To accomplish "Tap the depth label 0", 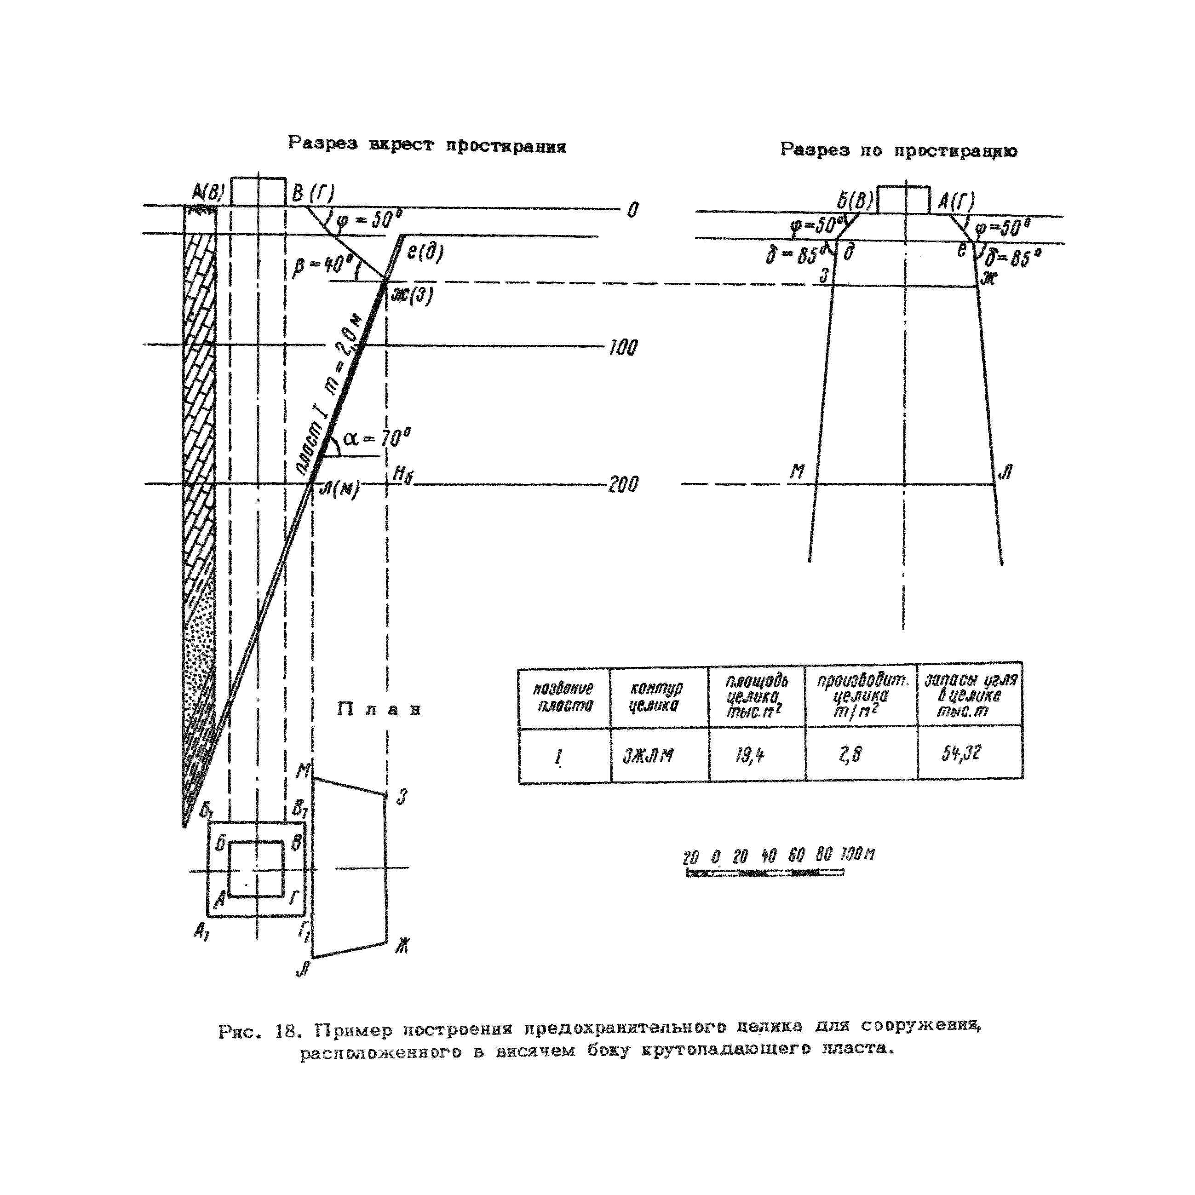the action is pyautogui.click(x=632, y=210).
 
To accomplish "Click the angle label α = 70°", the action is pyautogui.click(x=377, y=438).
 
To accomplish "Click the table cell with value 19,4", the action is pyautogui.click(x=750, y=755).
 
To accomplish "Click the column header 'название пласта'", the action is pyautogui.click(x=563, y=697).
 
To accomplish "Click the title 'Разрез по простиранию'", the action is pyautogui.click(x=898, y=150).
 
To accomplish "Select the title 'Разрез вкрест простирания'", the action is pyautogui.click(x=427, y=145).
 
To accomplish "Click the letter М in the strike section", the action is pyautogui.click(x=798, y=472).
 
